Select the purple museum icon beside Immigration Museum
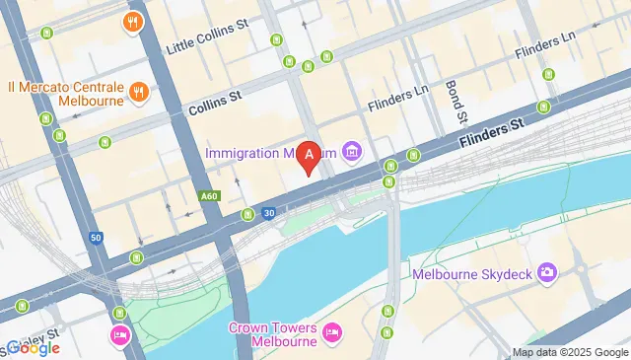tap(351, 152)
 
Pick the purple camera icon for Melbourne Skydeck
tap(548, 273)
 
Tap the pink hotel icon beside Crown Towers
tap(331, 334)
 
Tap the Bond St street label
tap(455, 102)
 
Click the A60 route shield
tap(208, 196)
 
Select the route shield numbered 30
tap(268, 213)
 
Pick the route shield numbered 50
tap(95, 237)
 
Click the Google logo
tap(32, 347)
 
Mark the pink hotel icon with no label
tap(120, 335)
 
